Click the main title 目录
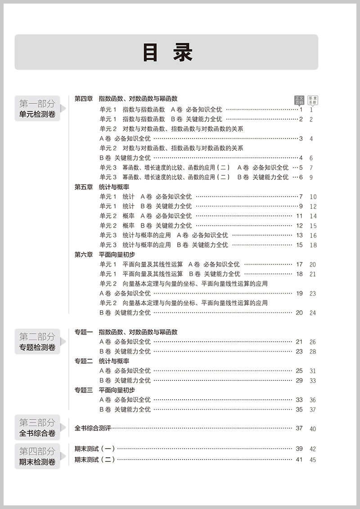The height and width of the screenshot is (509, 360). tap(167, 53)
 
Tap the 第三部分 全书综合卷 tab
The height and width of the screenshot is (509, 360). tap(37, 428)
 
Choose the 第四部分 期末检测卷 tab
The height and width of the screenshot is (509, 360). tap(37, 456)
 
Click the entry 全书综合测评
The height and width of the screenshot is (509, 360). tap(93, 428)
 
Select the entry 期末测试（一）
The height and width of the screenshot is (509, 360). tap(95, 448)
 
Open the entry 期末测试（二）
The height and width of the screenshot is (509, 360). tap(95, 459)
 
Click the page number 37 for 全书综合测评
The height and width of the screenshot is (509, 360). tap(299, 428)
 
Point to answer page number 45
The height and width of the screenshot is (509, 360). tap(313, 460)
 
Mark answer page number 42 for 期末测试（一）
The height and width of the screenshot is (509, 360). tap(313, 449)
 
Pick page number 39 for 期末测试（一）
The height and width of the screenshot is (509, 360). tap(299, 448)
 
